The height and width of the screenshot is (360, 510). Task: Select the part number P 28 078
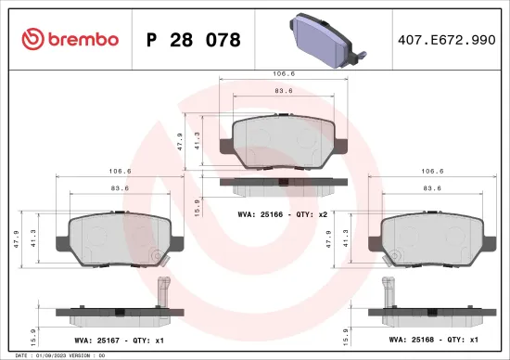194,40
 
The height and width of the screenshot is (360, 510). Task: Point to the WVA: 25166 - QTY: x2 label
277,213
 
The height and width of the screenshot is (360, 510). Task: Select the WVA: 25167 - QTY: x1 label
115,341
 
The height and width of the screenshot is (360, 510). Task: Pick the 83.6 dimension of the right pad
430,188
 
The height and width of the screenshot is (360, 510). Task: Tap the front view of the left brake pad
115,237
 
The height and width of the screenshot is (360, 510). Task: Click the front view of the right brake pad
430,237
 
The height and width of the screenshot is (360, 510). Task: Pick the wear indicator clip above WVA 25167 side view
165,290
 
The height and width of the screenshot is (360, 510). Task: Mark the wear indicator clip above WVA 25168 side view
384,290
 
